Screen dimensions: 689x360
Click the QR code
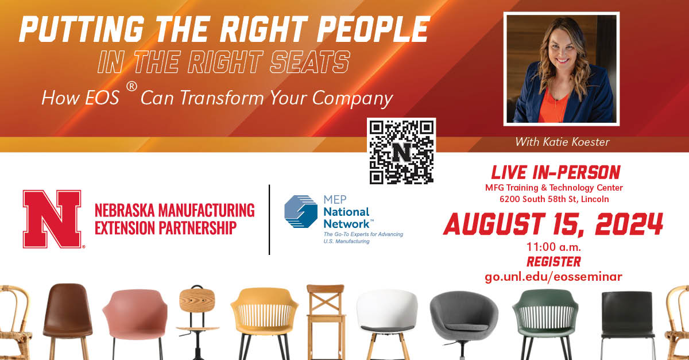(401, 152)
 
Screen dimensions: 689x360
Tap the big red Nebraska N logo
(52, 219)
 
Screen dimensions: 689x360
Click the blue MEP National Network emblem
(300, 211)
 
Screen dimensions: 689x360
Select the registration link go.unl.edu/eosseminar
(553, 277)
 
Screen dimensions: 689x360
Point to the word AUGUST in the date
(494, 224)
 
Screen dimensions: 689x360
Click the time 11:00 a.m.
(553, 247)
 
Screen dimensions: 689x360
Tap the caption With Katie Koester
(562, 142)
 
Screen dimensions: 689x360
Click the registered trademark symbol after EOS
(131, 87)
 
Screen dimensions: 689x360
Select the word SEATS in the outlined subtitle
(309, 62)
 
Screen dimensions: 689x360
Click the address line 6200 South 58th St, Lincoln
(554, 199)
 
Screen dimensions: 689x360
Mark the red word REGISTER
(553, 262)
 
